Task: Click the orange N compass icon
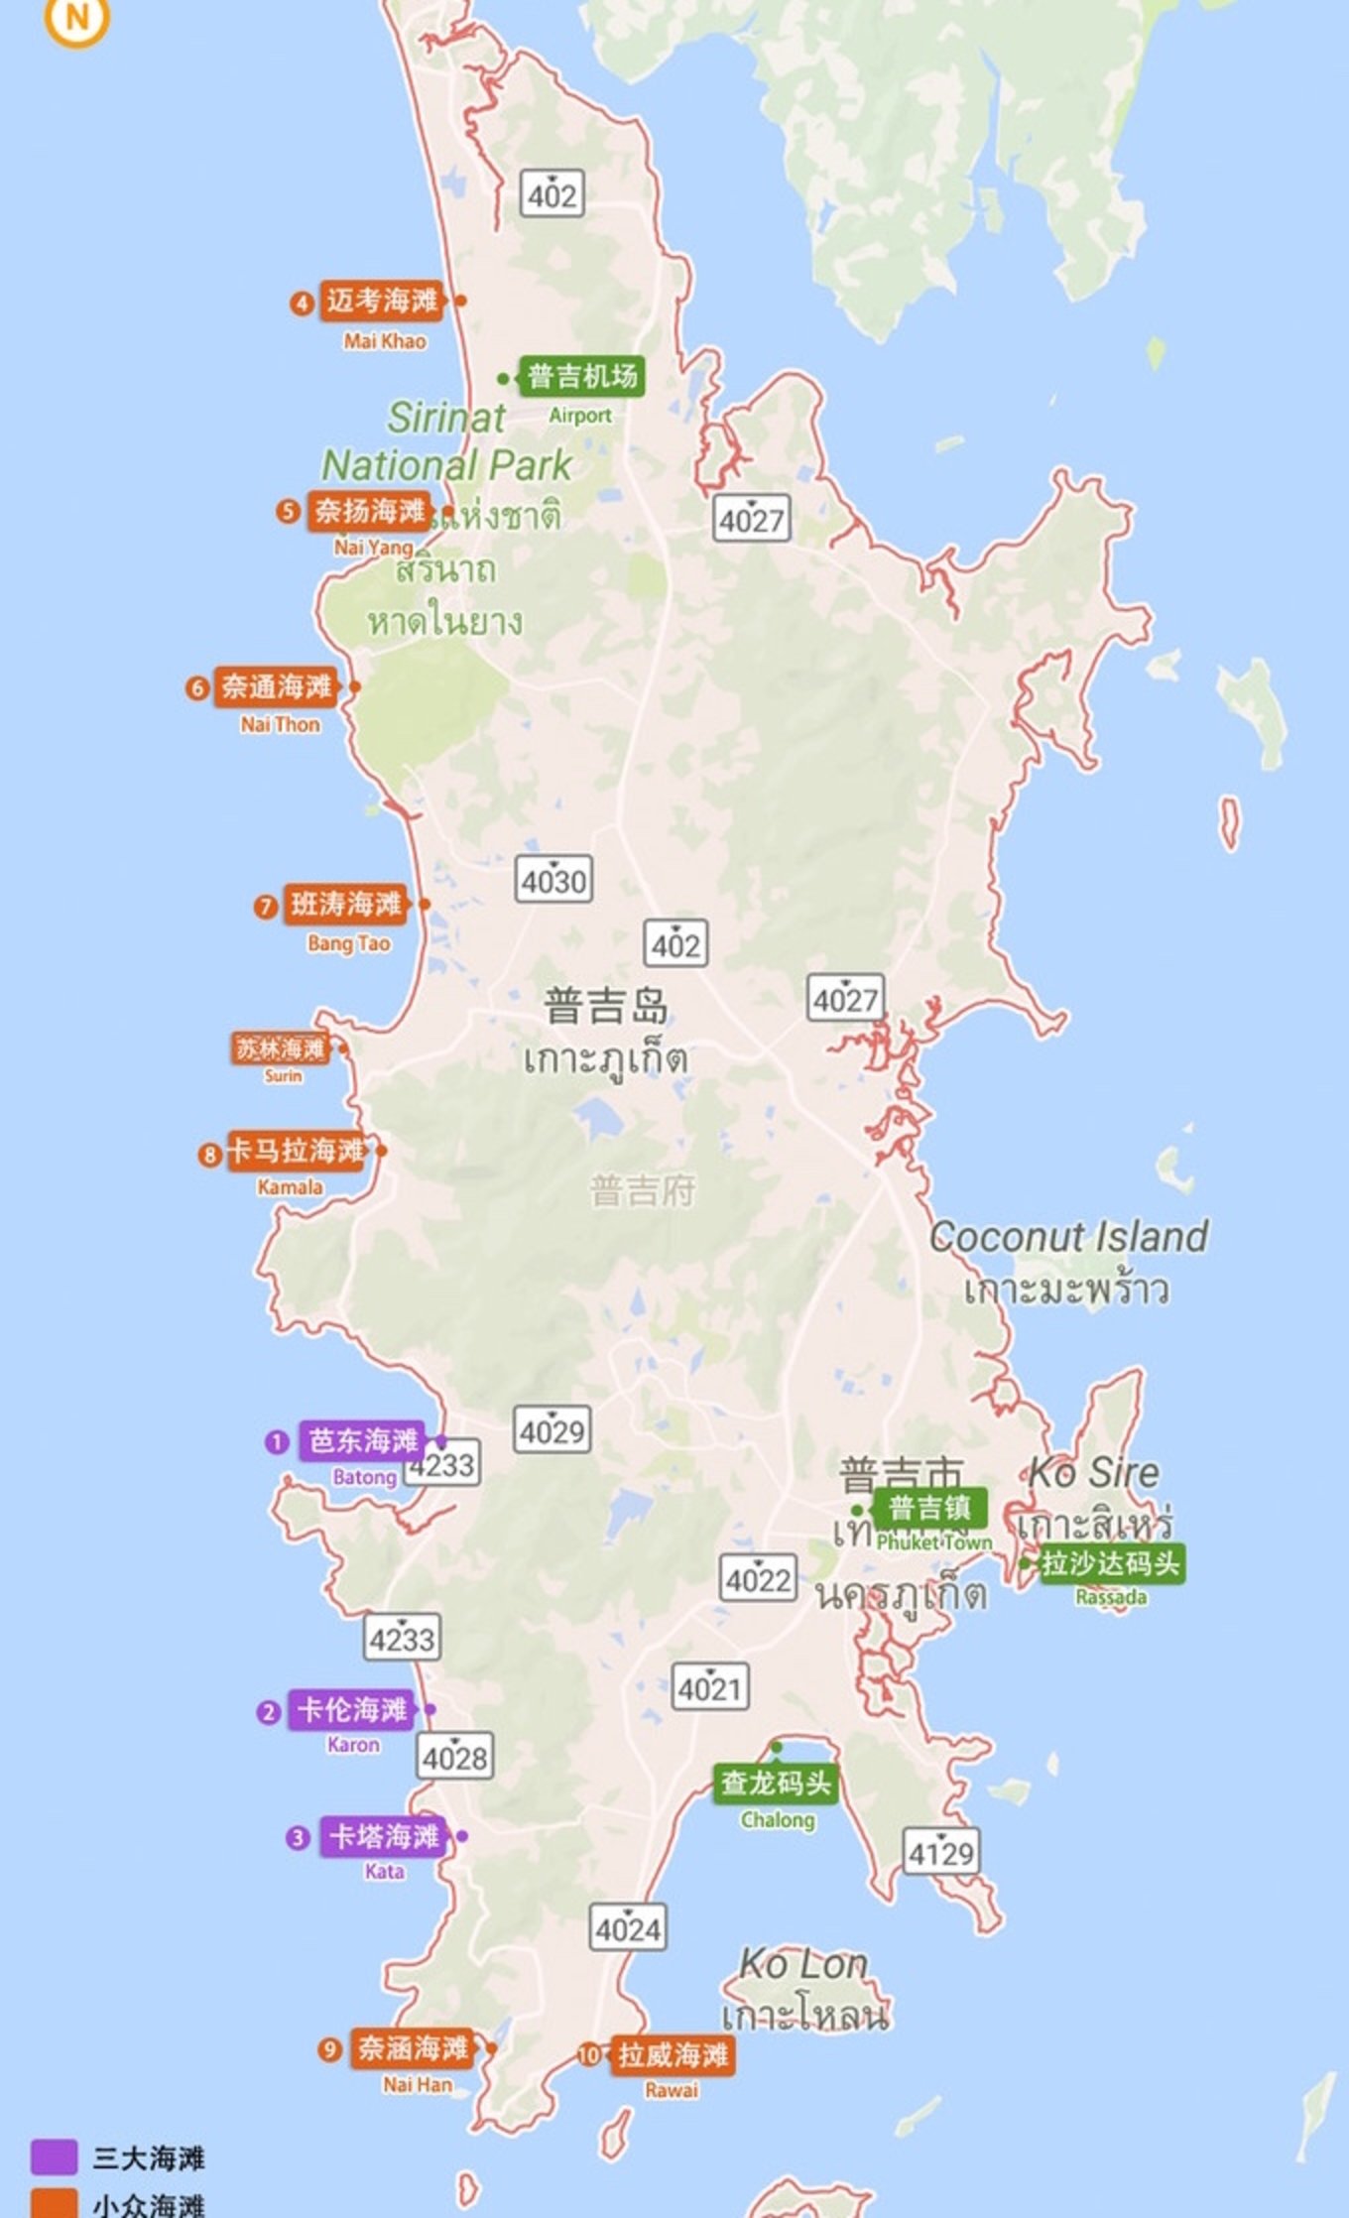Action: [x=76, y=17]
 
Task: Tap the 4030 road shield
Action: [x=553, y=879]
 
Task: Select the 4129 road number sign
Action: [x=941, y=1851]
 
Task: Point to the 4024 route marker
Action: [x=628, y=1927]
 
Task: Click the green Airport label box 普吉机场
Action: [x=581, y=376]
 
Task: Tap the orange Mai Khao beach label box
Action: [x=381, y=301]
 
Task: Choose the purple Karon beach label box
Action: [x=352, y=1709]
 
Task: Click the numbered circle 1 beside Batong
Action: [x=276, y=1441]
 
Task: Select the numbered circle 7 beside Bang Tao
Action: [x=265, y=906]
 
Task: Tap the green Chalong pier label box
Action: [x=776, y=1783]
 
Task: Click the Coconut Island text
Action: [x=1068, y=1237]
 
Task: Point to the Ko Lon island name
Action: [x=803, y=1963]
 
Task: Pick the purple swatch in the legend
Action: [x=54, y=2155]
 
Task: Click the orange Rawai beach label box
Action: [x=673, y=2054]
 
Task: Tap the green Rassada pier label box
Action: [x=1110, y=1563]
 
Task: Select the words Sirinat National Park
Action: [x=446, y=441]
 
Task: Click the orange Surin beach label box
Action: [x=281, y=1048]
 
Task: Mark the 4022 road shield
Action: [x=758, y=1578]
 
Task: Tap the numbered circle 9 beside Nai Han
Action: [x=329, y=2048]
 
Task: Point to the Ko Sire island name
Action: [x=1093, y=1472]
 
